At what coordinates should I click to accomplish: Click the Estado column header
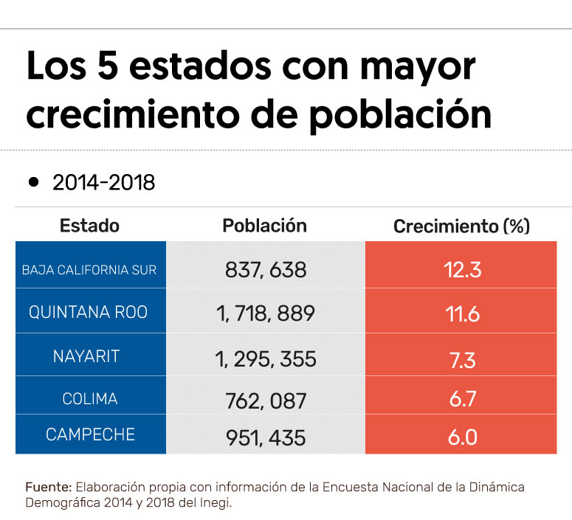pyautogui.click(x=89, y=226)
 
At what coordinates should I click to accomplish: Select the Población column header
pyautogui.click(x=264, y=226)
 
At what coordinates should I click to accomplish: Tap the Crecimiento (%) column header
pyautogui.click(x=461, y=226)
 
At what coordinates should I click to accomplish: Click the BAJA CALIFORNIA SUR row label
pyautogui.click(x=89, y=270)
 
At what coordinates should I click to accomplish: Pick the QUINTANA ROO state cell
pyautogui.click(x=89, y=312)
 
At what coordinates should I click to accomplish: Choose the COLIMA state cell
pyautogui.click(x=89, y=399)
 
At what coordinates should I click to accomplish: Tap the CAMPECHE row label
pyautogui.click(x=89, y=435)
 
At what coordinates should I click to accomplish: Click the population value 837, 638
pyautogui.click(x=265, y=270)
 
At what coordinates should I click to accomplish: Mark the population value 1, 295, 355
pyautogui.click(x=266, y=359)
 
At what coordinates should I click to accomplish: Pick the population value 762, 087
pyautogui.click(x=265, y=401)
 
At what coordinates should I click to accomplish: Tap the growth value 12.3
pyautogui.click(x=462, y=270)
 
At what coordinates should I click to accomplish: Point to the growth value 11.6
pyautogui.click(x=462, y=314)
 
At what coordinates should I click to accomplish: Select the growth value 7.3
pyautogui.click(x=462, y=359)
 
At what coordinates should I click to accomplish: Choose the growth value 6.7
pyautogui.click(x=462, y=400)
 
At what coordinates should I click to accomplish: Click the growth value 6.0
pyautogui.click(x=462, y=437)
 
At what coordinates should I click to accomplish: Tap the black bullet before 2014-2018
pyautogui.click(x=33, y=181)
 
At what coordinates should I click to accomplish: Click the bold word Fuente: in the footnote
pyautogui.click(x=49, y=488)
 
